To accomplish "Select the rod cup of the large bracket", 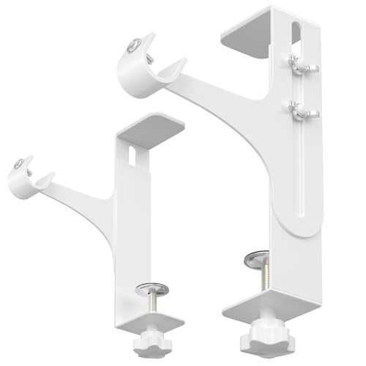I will pos(139,59).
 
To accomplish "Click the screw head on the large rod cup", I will pos(130,45).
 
